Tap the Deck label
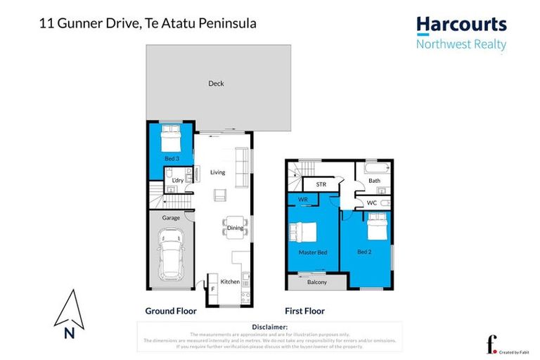[216, 84]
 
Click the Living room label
[217, 172]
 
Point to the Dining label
[235, 228]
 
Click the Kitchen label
[230, 281]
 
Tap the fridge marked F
[212, 288]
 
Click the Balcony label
[317, 282]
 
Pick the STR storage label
[321, 185]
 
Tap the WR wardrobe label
[303, 200]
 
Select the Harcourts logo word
[461, 25]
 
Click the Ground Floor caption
[171, 310]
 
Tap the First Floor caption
[304, 310]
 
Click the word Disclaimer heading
[269, 327]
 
